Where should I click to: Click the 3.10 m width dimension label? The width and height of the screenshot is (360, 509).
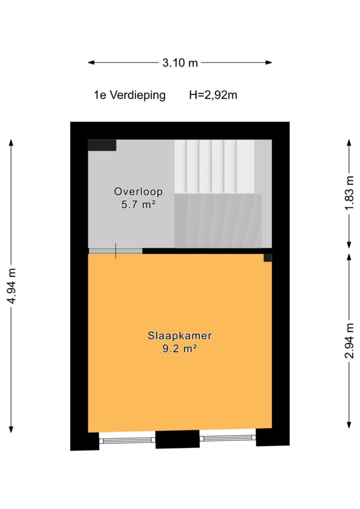[x=180, y=62]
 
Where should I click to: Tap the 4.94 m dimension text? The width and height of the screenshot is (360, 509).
[x=12, y=286]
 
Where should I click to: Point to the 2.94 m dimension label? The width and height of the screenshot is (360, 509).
[x=349, y=341]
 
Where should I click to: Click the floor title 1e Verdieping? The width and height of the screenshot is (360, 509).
[x=129, y=95]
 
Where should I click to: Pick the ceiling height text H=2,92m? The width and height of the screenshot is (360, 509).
[x=213, y=95]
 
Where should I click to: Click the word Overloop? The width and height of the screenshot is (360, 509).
[x=138, y=191]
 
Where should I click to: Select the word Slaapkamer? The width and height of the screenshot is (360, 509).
[x=180, y=336]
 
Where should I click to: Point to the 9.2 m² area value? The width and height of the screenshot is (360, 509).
[x=180, y=348]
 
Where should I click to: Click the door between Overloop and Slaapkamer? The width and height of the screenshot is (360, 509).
[x=115, y=251]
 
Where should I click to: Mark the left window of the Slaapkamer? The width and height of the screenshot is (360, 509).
[x=127, y=440]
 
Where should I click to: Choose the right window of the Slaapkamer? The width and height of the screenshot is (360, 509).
[x=228, y=438]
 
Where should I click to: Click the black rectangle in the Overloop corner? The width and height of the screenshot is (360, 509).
[x=102, y=145]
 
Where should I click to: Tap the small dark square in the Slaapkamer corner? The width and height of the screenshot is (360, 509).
[x=268, y=258]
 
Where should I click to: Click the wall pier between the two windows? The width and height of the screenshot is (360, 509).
[x=178, y=439]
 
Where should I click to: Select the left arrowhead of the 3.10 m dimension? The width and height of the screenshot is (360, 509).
[x=91, y=62]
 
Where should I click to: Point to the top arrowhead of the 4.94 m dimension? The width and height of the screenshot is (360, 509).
[x=11, y=143]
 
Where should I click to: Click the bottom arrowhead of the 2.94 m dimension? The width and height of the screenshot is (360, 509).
[x=349, y=425]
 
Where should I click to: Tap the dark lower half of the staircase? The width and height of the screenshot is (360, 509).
[x=218, y=221]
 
